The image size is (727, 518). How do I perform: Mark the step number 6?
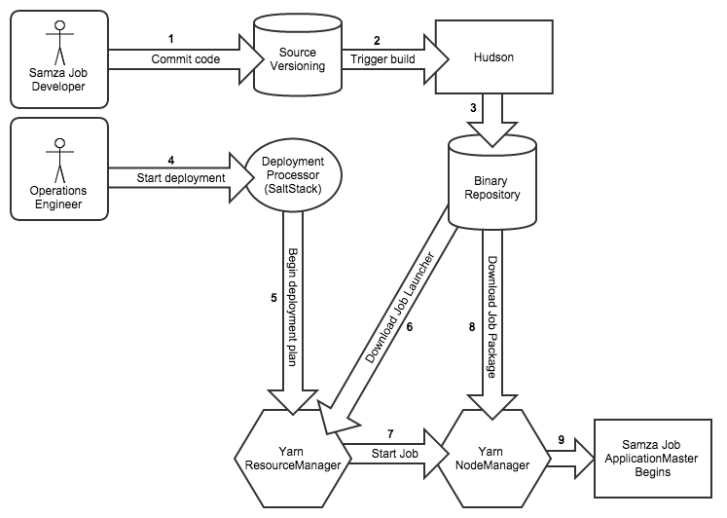[x=411, y=327]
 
